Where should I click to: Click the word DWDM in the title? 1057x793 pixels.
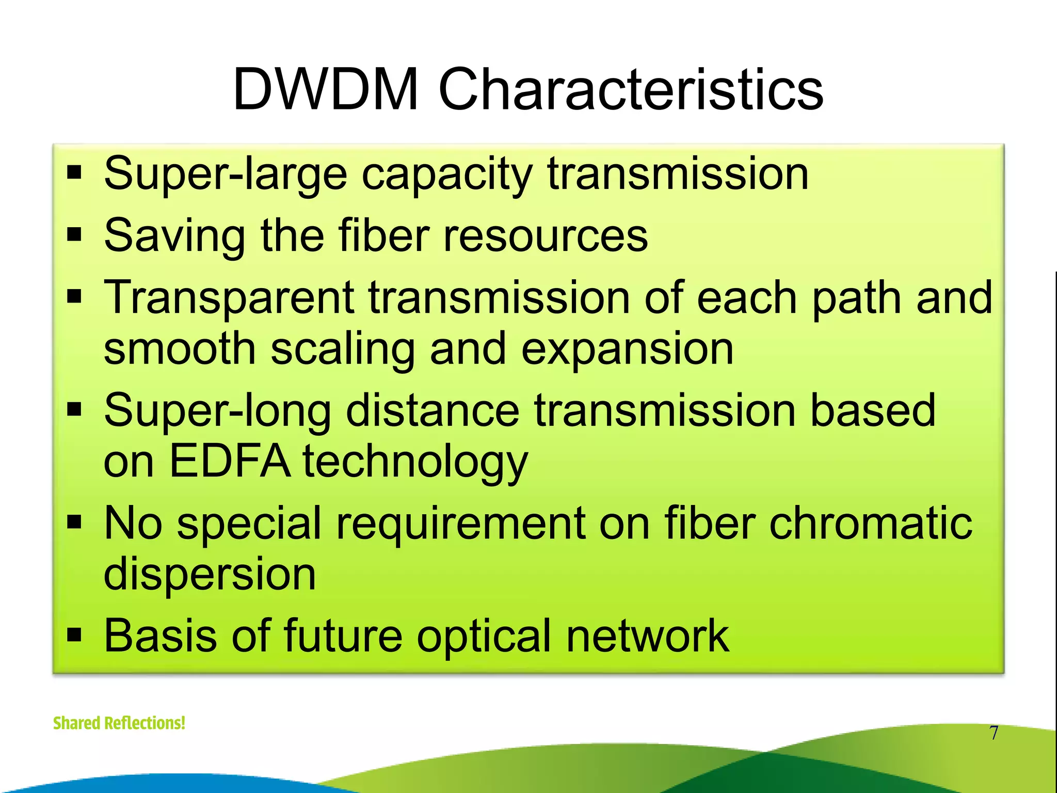tap(325, 90)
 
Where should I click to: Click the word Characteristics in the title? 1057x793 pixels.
tap(630, 90)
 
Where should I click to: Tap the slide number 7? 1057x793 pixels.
tap(994, 733)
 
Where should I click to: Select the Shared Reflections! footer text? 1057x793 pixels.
tap(119, 723)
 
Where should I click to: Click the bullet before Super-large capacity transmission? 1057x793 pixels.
tap(75, 174)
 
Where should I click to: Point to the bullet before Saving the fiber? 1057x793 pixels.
tap(75, 236)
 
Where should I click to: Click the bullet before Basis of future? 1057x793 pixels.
tap(75, 636)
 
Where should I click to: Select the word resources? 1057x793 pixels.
tap(546, 236)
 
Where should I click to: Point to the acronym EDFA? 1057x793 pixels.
tap(230, 461)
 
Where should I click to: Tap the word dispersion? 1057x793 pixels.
tap(210, 575)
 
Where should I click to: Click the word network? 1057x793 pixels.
tap(647, 636)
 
